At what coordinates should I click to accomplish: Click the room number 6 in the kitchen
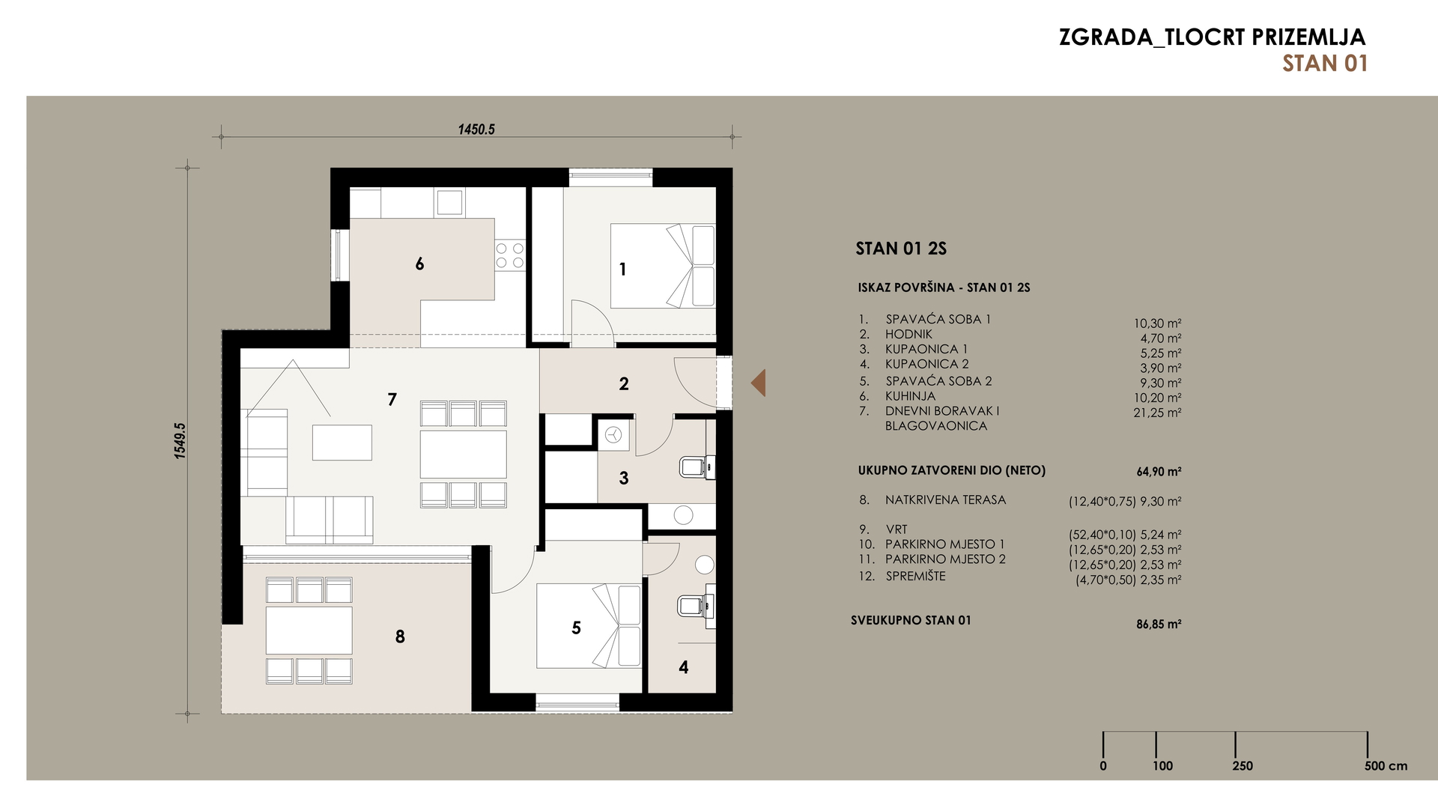(x=419, y=264)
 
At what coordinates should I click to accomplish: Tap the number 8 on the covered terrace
(x=400, y=637)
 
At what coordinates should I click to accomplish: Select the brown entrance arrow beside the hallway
(x=758, y=383)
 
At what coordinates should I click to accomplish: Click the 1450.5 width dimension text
(x=476, y=130)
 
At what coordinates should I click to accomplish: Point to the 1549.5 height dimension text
(x=180, y=440)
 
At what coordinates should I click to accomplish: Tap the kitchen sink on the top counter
(x=449, y=202)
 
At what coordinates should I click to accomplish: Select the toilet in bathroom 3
(x=697, y=467)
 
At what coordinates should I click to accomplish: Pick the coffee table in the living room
(x=342, y=442)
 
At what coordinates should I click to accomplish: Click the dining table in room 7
(x=463, y=454)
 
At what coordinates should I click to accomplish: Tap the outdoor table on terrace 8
(x=309, y=631)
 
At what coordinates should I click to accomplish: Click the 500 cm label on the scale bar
(x=1386, y=766)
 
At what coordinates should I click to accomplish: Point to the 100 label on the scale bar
(x=1162, y=766)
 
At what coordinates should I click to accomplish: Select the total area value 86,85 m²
(x=1159, y=624)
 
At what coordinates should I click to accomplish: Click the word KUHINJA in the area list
(x=910, y=396)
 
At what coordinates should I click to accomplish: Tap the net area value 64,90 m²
(x=1159, y=472)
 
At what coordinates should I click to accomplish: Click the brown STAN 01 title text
(x=1325, y=64)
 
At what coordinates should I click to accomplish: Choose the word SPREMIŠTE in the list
(x=915, y=576)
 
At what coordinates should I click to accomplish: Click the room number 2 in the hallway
(x=624, y=384)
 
